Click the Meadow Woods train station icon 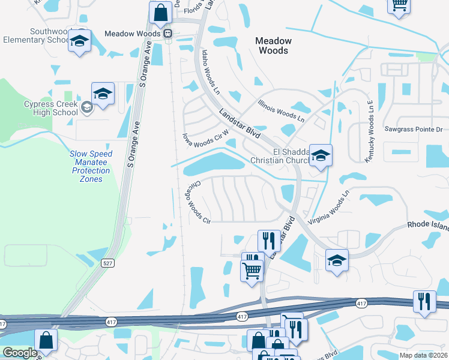[169, 34]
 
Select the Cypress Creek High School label [51, 109]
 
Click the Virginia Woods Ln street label [328, 208]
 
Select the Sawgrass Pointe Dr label [413, 129]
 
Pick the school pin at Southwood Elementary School [79, 41]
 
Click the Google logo [20, 353]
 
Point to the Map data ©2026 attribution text [424, 355]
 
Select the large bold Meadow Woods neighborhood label [273, 46]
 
